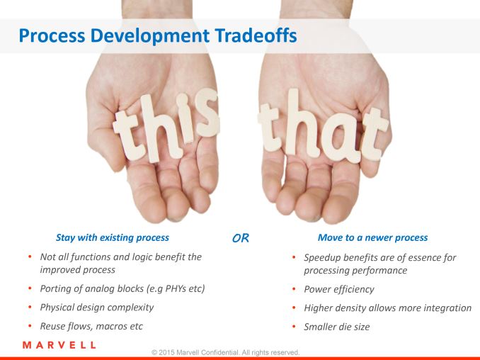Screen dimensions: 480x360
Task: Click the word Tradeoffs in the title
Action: tap(256, 35)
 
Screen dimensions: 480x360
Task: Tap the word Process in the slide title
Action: tap(52, 35)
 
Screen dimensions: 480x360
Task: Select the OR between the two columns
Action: tap(241, 238)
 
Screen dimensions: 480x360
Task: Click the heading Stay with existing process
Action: tap(113, 237)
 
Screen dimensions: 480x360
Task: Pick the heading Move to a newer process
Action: tap(372, 237)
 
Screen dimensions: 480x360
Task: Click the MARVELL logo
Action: tap(59, 345)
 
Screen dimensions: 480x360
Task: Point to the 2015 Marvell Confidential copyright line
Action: tap(226, 352)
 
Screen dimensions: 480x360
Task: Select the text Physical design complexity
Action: tap(97, 308)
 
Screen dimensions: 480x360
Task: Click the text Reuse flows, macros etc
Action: tap(91, 326)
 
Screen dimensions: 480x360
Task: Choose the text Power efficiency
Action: tap(339, 290)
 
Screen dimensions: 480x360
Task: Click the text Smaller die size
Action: tap(337, 327)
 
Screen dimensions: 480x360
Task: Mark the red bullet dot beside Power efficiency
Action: tap(294, 288)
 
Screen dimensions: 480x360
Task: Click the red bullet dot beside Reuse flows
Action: tap(30, 325)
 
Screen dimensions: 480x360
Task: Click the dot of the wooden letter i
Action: tap(183, 100)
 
